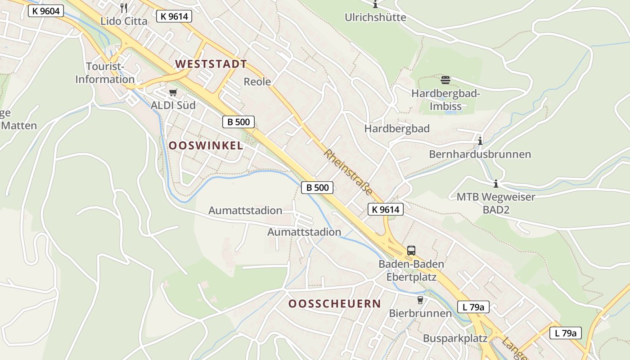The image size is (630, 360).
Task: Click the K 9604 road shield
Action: [46, 11]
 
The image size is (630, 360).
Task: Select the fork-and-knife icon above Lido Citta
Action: [124, 8]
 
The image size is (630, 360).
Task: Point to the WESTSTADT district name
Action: [211, 64]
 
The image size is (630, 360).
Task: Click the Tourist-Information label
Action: [105, 73]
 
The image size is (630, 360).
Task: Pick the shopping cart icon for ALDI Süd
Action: [173, 93]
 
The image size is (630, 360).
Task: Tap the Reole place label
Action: [257, 81]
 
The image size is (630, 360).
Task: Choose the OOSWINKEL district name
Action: [206, 145]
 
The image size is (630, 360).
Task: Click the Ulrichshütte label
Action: [375, 18]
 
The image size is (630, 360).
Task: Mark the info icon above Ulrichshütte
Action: [375, 4]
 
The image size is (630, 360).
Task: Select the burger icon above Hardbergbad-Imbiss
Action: [445, 81]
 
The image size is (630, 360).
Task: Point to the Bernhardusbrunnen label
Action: [480, 154]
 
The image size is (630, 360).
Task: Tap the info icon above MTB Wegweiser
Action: [496, 184]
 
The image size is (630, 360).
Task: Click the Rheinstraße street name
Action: [348, 172]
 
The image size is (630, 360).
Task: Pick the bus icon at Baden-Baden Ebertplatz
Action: [411, 251]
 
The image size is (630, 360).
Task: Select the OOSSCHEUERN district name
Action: [334, 304]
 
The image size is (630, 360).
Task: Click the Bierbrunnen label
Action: [420, 313]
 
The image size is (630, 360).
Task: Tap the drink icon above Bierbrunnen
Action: [420, 300]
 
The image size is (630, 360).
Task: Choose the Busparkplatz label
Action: [455, 338]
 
